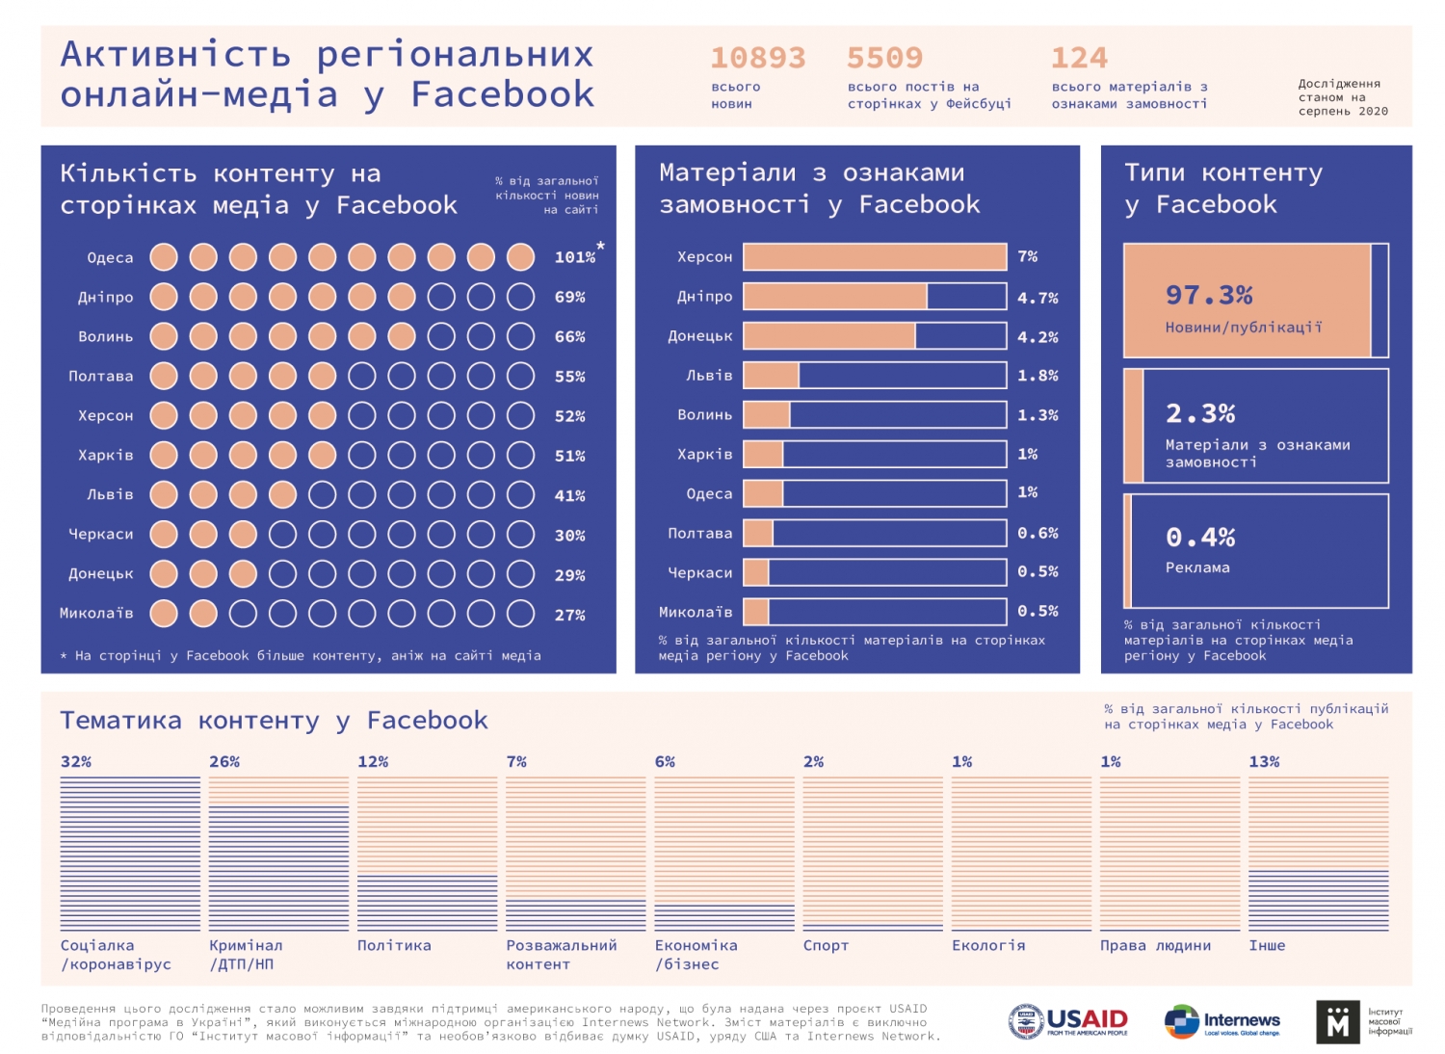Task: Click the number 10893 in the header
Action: (x=757, y=58)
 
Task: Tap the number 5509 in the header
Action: (x=884, y=58)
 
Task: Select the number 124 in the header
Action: (x=1079, y=58)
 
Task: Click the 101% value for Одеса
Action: (x=575, y=257)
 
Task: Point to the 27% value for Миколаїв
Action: (x=570, y=615)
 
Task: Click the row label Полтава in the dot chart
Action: (x=101, y=376)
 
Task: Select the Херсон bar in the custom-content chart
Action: (x=875, y=256)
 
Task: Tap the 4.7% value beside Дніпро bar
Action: (x=1038, y=298)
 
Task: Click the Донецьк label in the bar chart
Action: (x=700, y=336)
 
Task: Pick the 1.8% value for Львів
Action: (x=1038, y=376)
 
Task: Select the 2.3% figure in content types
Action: (x=1200, y=413)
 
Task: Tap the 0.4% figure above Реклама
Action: (x=1200, y=537)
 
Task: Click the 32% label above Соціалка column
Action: (x=76, y=761)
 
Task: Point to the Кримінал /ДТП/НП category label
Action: (x=246, y=954)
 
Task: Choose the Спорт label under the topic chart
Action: (x=826, y=945)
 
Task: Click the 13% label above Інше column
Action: (x=1264, y=761)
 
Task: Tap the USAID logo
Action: (x=1068, y=1021)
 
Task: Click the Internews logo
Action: (x=1222, y=1021)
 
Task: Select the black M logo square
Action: (x=1338, y=1021)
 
